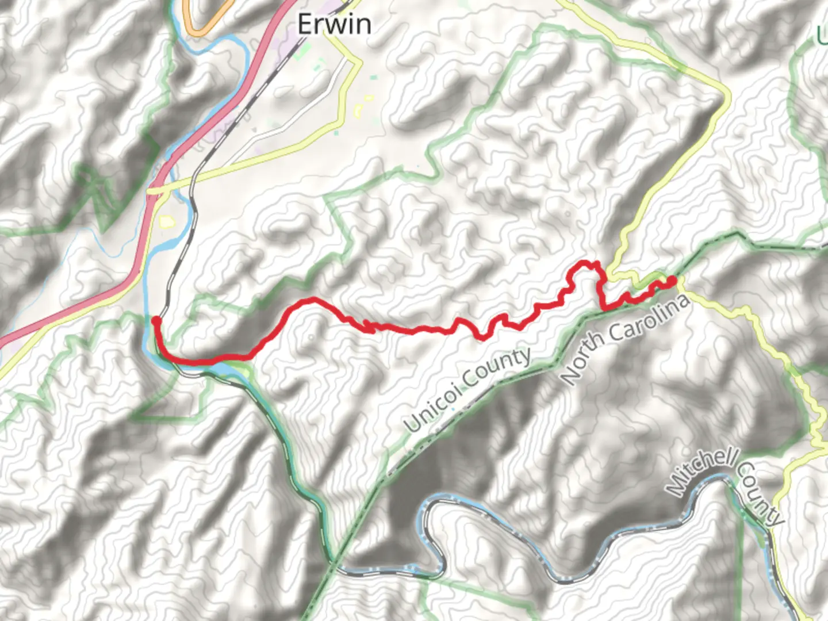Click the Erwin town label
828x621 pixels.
(x=334, y=24)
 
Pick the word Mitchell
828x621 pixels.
(x=701, y=471)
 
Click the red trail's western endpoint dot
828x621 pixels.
(x=156, y=320)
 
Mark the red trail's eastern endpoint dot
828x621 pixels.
(x=671, y=281)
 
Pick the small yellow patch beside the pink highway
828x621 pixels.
(x=166, y=221)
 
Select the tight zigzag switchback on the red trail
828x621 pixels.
(x=368, y=327)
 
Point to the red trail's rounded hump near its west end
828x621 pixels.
(x=310, y=300)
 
